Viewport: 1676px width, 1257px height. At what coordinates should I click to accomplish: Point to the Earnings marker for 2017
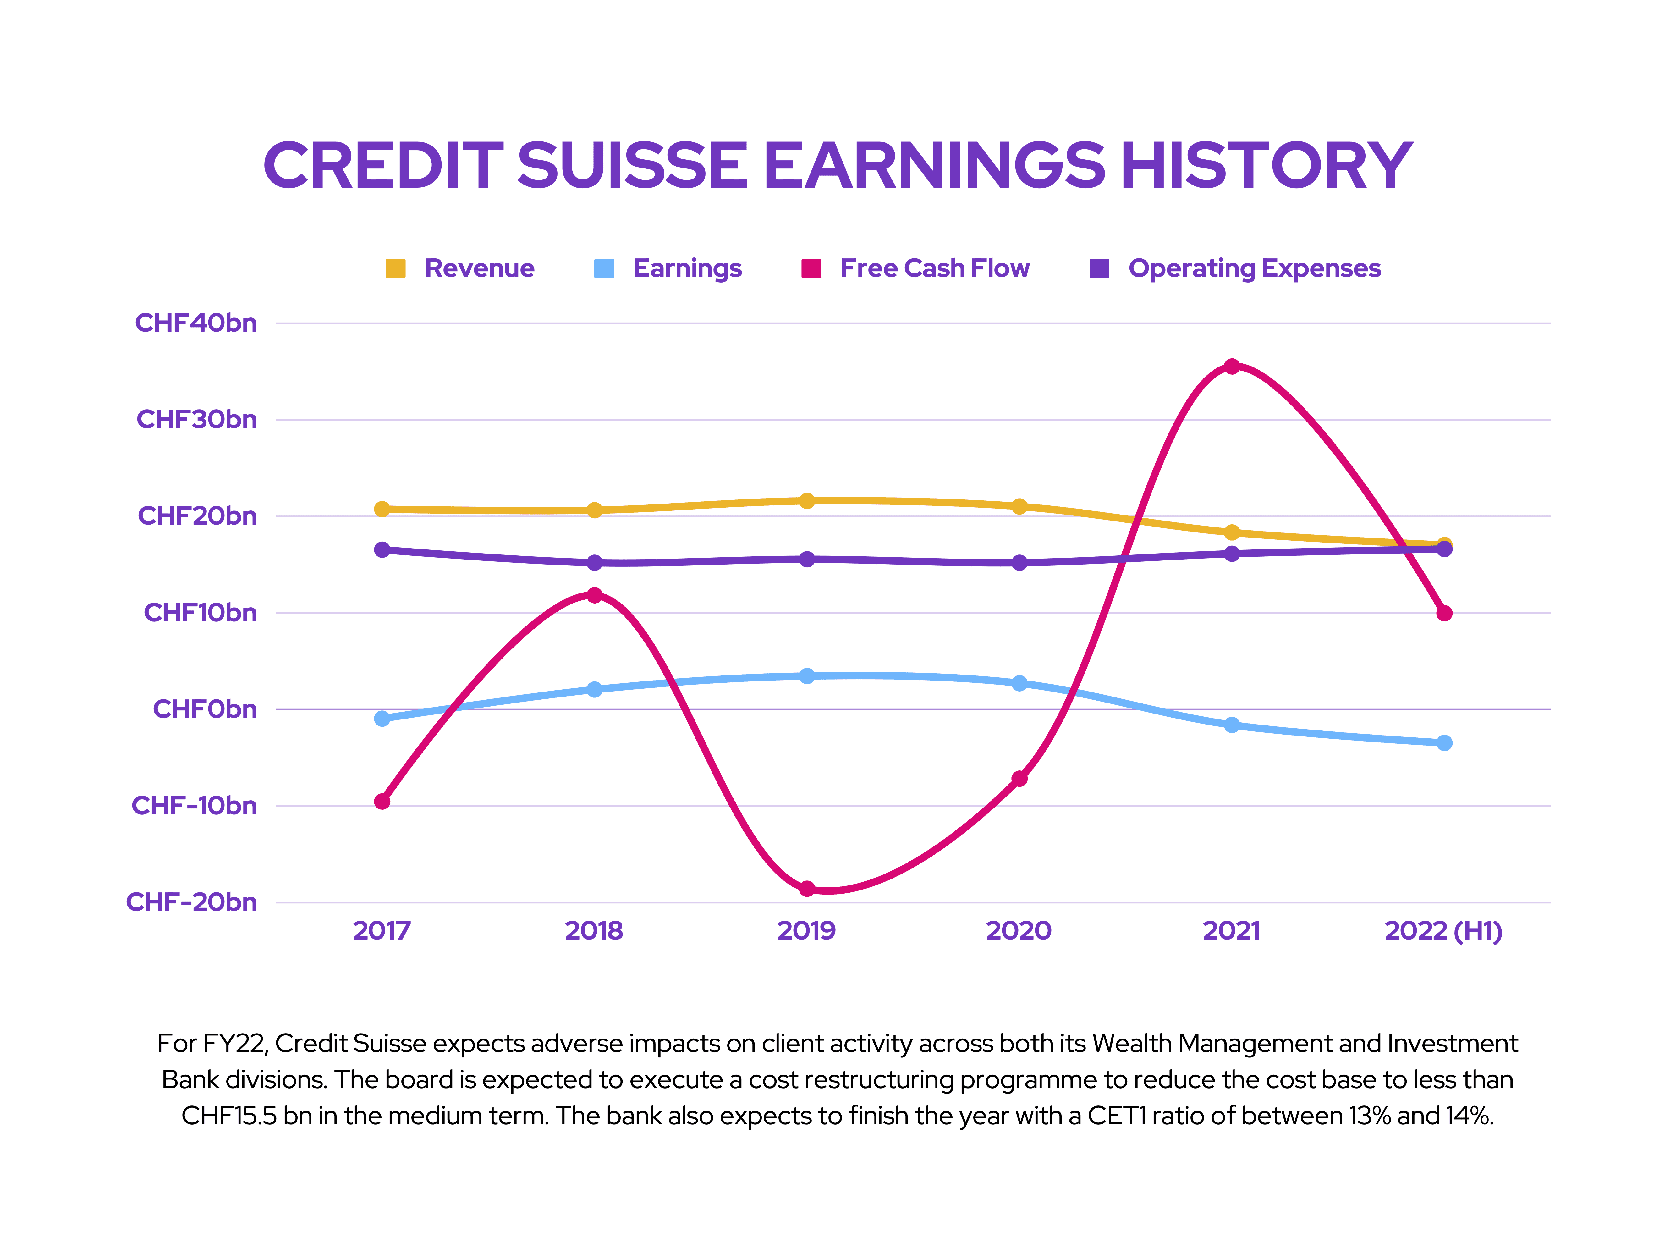382,718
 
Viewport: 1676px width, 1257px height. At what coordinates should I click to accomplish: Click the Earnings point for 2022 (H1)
1444,742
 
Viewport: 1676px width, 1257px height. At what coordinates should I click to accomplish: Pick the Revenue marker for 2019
807,501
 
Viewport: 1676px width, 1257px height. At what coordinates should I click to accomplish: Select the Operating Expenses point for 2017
382,549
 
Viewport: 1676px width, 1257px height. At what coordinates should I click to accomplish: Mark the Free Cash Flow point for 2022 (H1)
1444,613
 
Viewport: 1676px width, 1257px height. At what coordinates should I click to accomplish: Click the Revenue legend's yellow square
396,268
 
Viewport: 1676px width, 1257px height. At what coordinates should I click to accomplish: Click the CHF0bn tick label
205,709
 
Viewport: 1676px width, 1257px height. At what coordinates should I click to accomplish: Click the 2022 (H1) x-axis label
1443,930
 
